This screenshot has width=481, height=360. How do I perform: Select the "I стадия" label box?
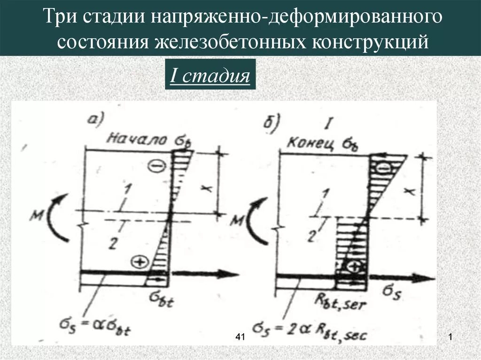[209, 75]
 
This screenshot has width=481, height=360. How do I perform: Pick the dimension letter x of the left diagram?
[204, 188]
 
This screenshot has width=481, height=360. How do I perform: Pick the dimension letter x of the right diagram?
[410, 191]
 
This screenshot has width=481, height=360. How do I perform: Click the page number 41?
[240, 337]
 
